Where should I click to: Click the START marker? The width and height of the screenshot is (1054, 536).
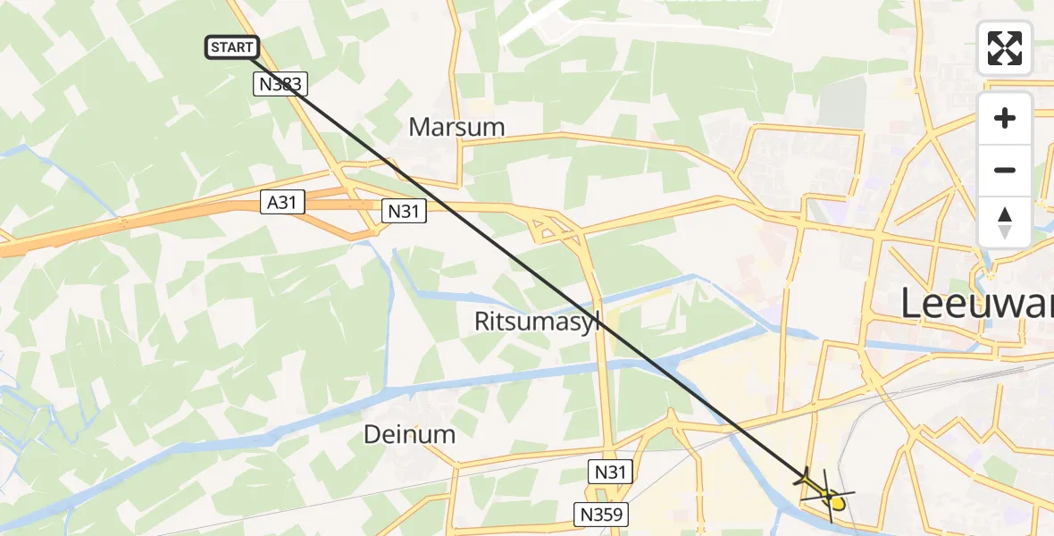coord(232,47)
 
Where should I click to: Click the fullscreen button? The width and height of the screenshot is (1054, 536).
coord(1005,48)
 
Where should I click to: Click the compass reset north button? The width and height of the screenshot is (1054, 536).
coord(1005,222)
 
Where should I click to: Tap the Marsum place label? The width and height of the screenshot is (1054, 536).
coord(456,128)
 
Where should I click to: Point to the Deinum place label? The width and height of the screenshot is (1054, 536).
coord(410,435)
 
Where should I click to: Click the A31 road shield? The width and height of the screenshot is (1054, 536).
coord(281,203)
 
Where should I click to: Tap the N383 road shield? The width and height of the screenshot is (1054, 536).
coord(280,85)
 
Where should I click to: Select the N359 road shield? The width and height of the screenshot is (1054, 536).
coord(600,514)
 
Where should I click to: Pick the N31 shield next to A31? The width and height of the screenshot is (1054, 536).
coord(405,211)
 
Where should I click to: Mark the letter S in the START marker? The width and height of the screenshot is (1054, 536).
coord(215,47)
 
